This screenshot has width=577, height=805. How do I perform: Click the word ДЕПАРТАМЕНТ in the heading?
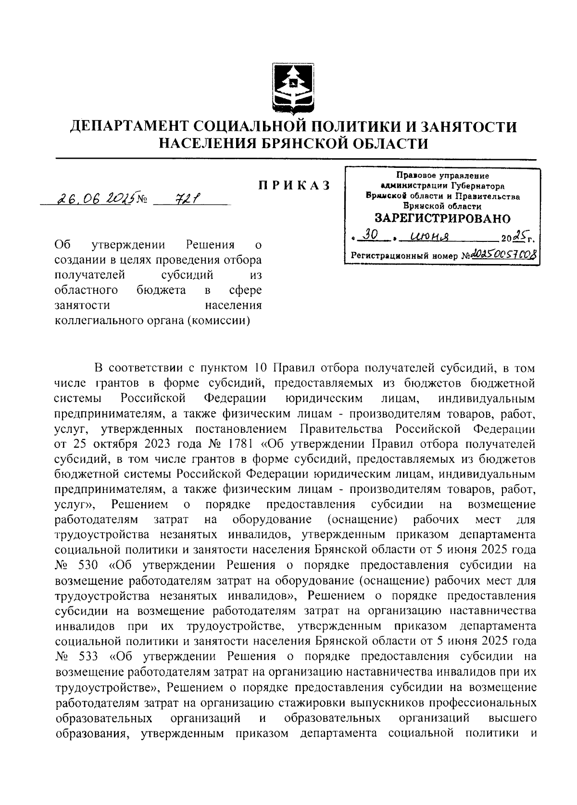pyautogui.click(x=127, y=127)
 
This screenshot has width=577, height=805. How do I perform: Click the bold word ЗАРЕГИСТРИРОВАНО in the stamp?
pyautogui.click(x=442, y=219)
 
